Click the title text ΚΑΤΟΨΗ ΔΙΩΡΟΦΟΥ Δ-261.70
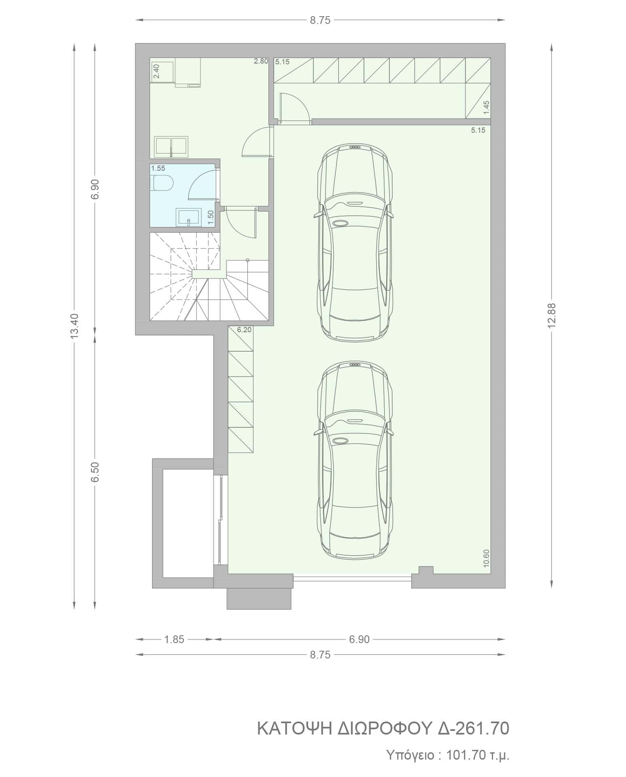(383, 728)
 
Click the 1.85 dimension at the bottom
(174, 639)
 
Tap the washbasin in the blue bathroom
(188, 217)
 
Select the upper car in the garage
(353, 243)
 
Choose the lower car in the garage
(353, 461)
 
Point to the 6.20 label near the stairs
(244, 330)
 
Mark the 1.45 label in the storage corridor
(486, 108)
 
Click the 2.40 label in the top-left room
(156, 71)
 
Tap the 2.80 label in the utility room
(261, 62)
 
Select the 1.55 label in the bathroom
(158, 168)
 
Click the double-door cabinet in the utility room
(171, 146)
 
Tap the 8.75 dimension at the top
(320, 20)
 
